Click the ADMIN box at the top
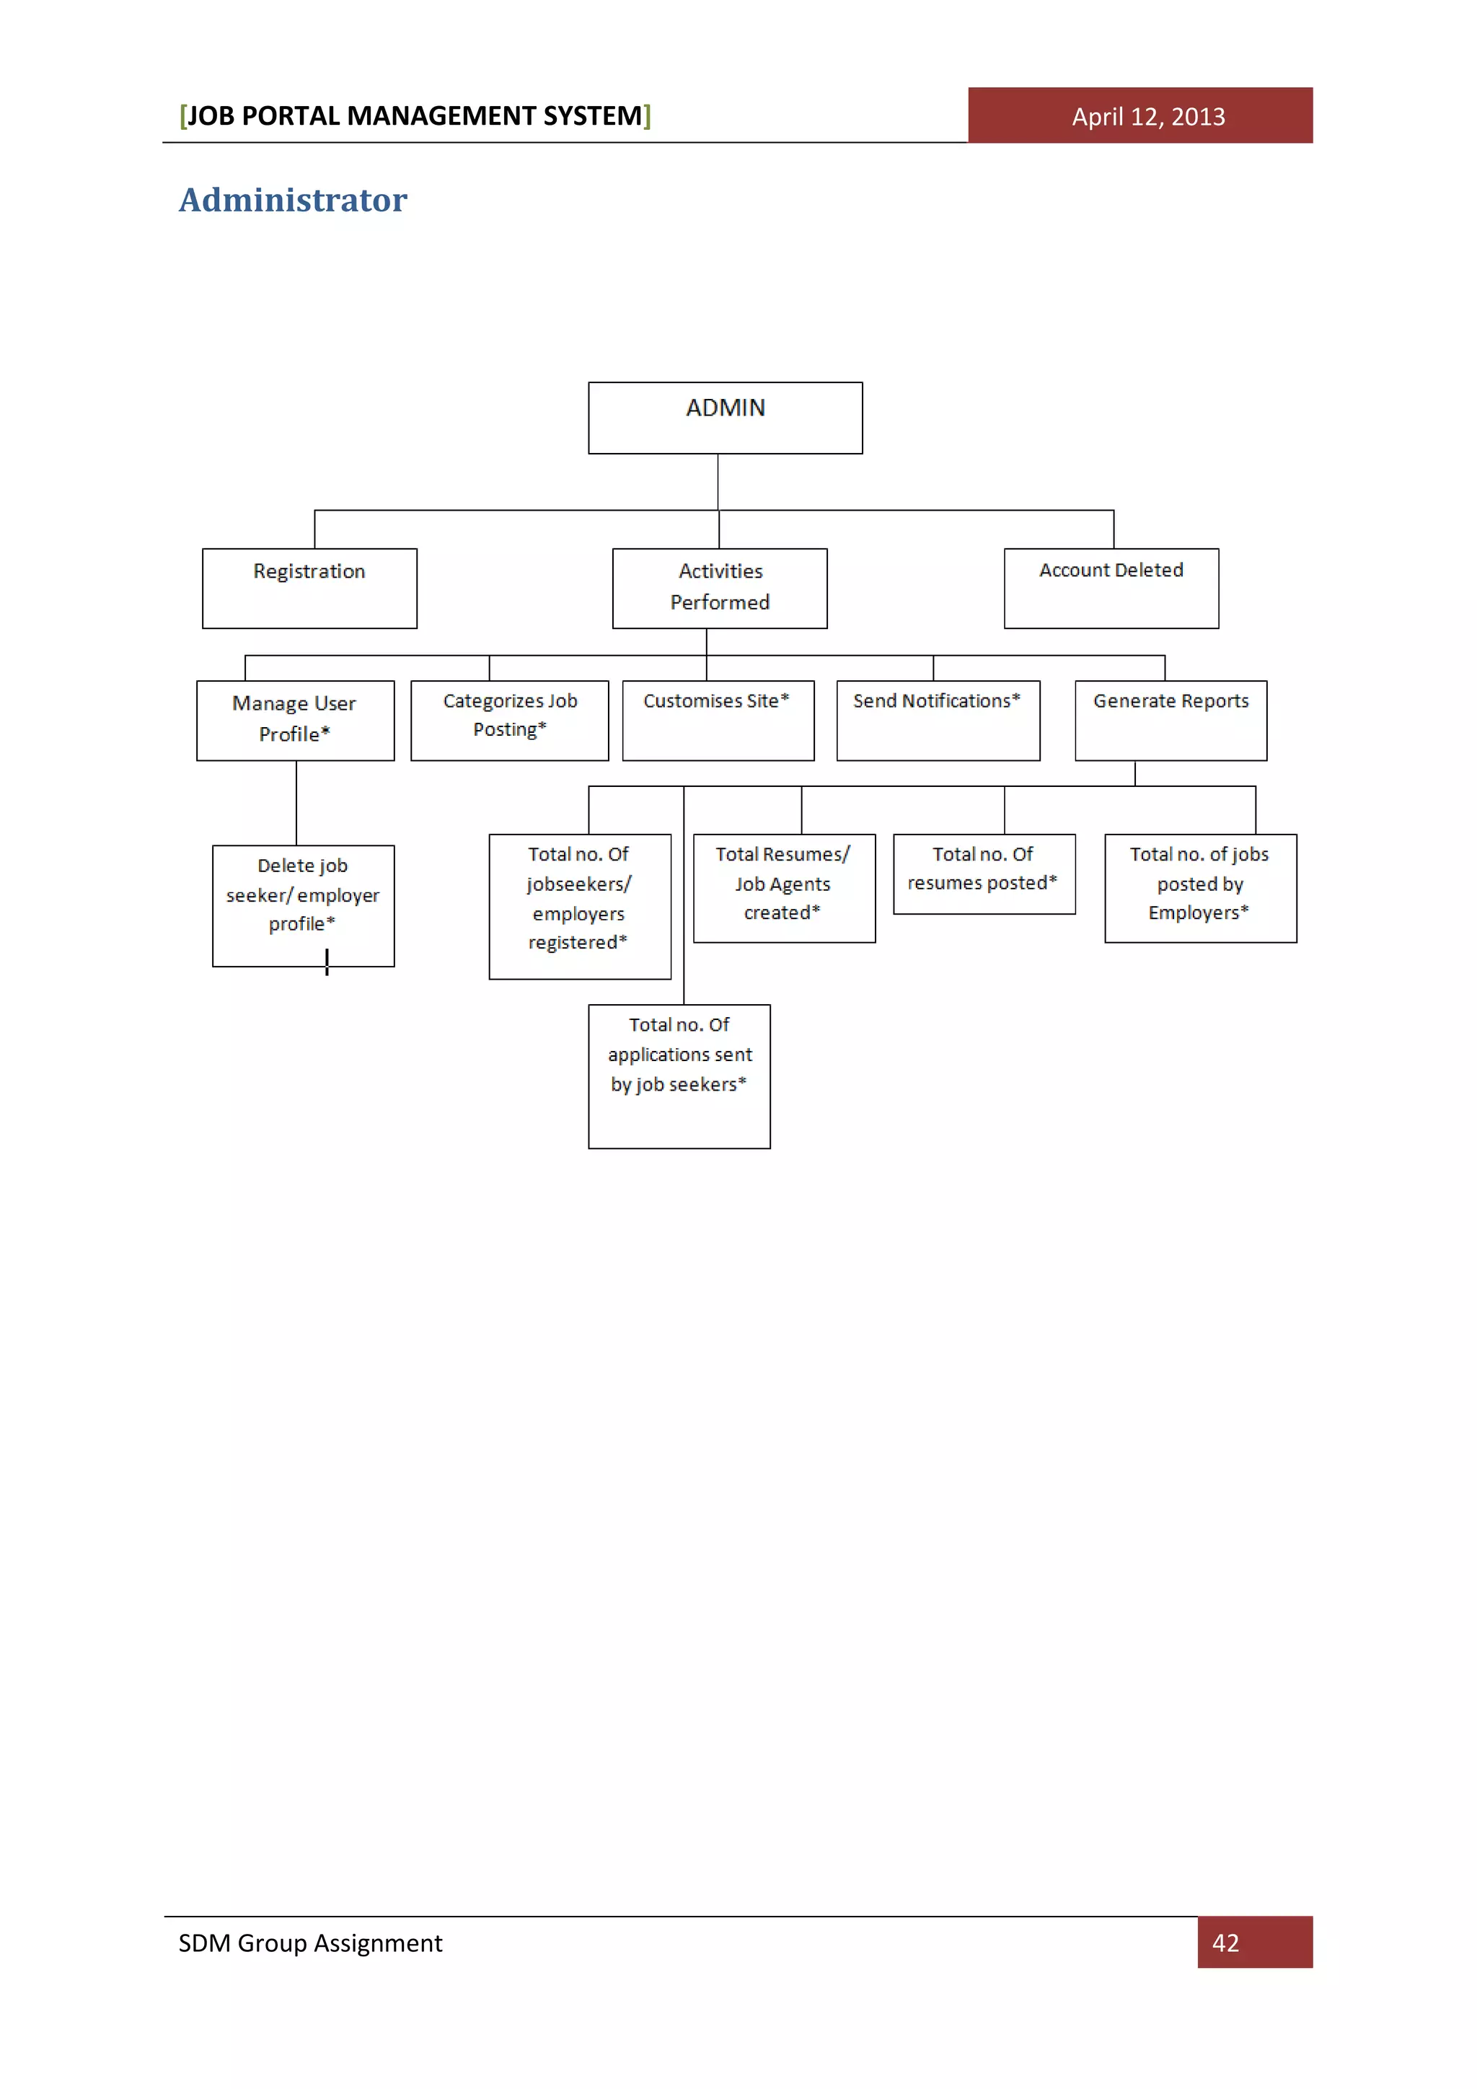tap(725, 418)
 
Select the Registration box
tap(309, 588)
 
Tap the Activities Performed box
tap(720, 588)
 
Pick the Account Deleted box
tap(1111, 588)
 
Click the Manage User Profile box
tap(295, 720)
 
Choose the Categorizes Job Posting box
tap(509, 720)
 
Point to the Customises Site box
tap(718, 720)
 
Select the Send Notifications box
tap(938, 720)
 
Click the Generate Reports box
tap(1170, 720)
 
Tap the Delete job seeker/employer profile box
tap(303, 905)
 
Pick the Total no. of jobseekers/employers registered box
tap(579, 905)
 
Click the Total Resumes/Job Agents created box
tap(784, 887)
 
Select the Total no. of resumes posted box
tap(984, 874)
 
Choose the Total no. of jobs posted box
tap(1199, 887)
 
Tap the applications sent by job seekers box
tap(679, 1076)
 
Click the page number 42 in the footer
tap(1225, 1943)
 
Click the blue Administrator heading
tap(293, 200)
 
